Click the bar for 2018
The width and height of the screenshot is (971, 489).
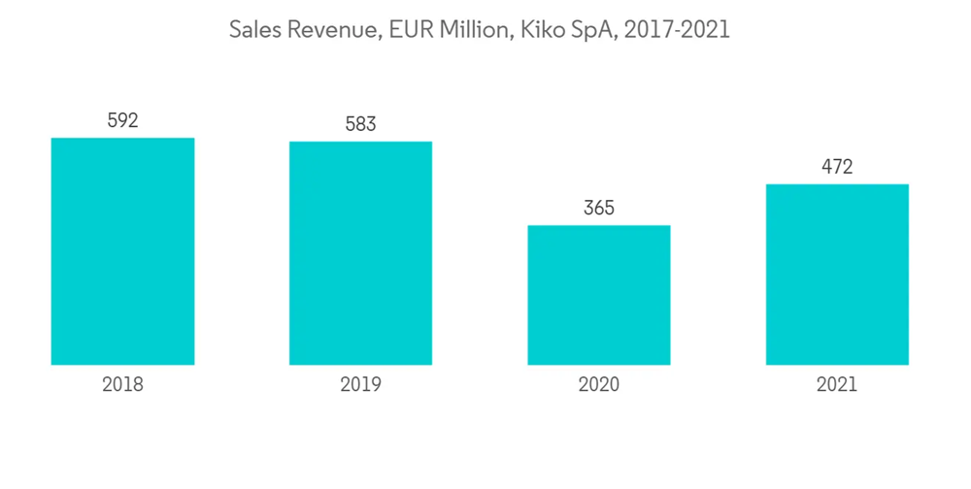[x=122, y=251]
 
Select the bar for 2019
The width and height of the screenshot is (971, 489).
[x=360, y=253]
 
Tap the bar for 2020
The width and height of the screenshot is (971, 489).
[x=598, y=295]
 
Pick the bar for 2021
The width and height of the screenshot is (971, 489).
[x=837, y=275]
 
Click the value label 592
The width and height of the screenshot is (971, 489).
[x=122, y=121]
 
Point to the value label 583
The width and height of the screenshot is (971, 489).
[x=360, y=125]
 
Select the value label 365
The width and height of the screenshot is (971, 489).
[x=598, y=209]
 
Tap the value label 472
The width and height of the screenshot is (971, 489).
[x=837, y=167]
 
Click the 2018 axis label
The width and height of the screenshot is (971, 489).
[x=122, y=384]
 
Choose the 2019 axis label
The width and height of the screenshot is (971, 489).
[x=360, y=384]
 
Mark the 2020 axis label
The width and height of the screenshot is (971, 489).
[x=598, y=384]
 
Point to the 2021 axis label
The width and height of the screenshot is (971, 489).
[x=837, y=384]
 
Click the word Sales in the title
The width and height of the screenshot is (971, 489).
[x=254, y=30]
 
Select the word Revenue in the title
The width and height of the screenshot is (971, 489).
[x=332, y=30]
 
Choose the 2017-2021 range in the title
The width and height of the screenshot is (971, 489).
[x=677, y=30]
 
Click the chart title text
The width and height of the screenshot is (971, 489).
[x=479, y=30]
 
